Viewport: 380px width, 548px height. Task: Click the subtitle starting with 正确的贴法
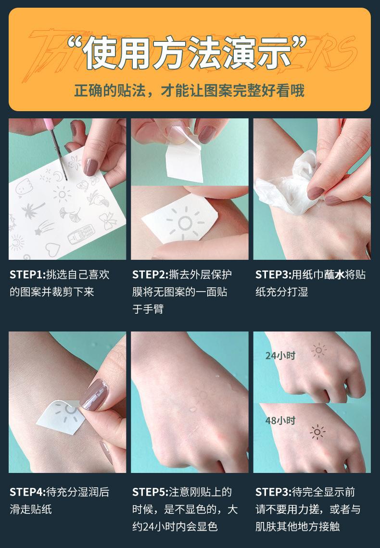coord(190,90)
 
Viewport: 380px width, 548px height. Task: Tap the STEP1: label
coord(27,275)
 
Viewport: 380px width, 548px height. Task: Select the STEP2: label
coord(150,275)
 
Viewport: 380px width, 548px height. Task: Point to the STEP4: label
coord(27,492)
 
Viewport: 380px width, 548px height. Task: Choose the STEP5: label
coord(150,492)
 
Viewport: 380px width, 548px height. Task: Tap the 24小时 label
coord(280,356)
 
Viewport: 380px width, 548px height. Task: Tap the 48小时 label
coord(280,421)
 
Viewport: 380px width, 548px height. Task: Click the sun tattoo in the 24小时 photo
coord(318,351)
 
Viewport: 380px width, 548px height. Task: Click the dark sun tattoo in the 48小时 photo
coord(317,432)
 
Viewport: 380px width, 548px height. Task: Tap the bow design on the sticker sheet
coord(108,221)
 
